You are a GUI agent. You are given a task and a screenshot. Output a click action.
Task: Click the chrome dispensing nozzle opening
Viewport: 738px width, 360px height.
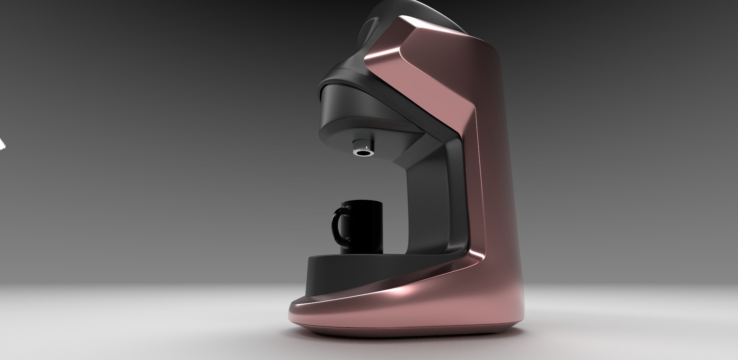click(363, 153)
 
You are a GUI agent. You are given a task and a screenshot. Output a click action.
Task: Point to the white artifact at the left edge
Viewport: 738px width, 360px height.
click(2, 144)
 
